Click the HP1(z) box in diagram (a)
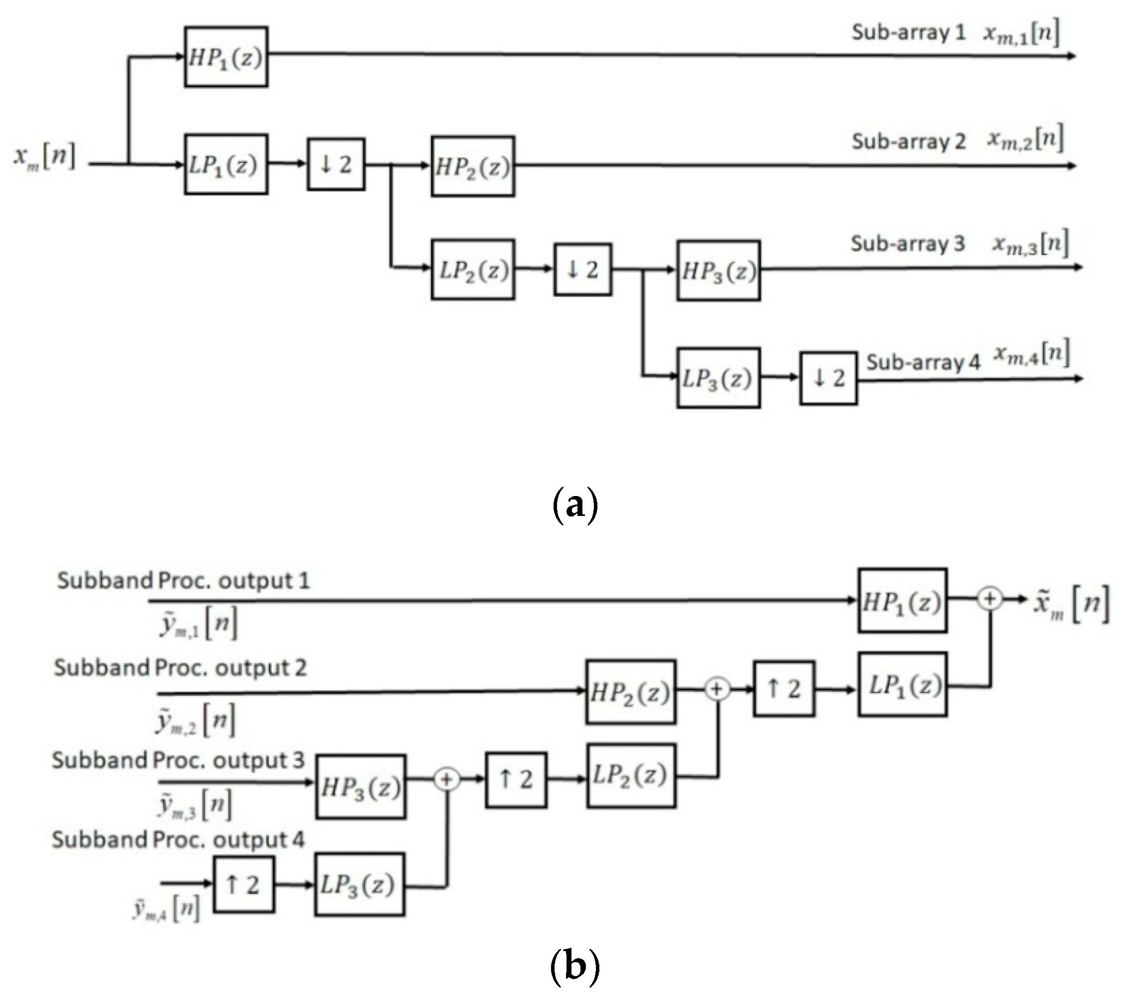click(x=226, y=57)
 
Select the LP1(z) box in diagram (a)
click(x=226, y=164)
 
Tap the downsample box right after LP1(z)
click(x=336, y=164)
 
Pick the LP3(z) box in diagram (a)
click(x=718, y=378)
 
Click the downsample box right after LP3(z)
click(x=829, y=378)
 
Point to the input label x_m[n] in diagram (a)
click(x=44, y=157)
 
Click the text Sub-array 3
click(x=907, y=244)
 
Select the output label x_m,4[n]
click(x=1032, y=354)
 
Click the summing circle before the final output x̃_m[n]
click(x=990, y=600)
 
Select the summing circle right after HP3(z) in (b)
click(x=446, y=780)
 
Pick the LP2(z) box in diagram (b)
click(x=631, y=776)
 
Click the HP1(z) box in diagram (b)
click(x=902, y=601)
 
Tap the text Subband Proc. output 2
click(x=180, y=668)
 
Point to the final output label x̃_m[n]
click(x=1071, y=604)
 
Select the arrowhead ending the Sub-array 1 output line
click(x=1072, y=56)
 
